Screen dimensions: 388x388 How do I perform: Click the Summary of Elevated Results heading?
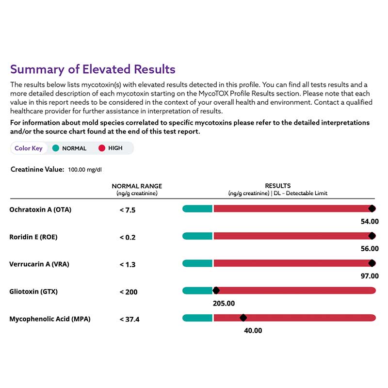pyautogui.click(x=93, y=69)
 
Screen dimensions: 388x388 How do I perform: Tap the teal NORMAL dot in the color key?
pyautogui.click(x=56, y=148)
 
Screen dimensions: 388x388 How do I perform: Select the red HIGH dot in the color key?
pyautogui.click(x=102, y=148)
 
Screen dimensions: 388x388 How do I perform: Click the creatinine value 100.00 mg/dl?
pyautogui.click(x=85, y=170)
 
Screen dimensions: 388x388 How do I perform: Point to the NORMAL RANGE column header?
pyautogui.click(x=137, y=186)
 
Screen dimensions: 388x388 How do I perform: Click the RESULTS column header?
pyautogui.click(x=277, y=186)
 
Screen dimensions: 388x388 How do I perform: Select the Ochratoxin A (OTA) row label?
pyautogui.click(x=40, y=210)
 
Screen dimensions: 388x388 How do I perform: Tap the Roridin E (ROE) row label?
pyautogui.click(x=33, y=237)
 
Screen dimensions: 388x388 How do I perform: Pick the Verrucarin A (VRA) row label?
pyautogui.click(x=39, y=264)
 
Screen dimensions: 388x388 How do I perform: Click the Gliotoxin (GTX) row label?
pyautogui.click(x=33, y=291)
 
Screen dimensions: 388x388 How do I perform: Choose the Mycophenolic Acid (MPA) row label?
pyautogui.click(x=50, y=319)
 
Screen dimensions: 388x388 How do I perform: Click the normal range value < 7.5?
pyautogui.click(x=128, y=210)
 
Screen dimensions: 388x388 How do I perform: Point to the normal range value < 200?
pyautogui.click(x=129, y=292)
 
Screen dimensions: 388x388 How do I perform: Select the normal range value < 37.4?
pyautogui.click(x=129, y=319)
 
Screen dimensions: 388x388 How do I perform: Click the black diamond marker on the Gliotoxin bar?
pyautogui.click(x=216, y=291)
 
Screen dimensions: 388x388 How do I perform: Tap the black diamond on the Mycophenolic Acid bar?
pyautogui.click(x=243, y=318)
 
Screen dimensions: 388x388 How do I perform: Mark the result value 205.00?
pyautogui.click(x=224, y=304)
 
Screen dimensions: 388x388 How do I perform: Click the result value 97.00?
pyautogui.click(x=370, y=276)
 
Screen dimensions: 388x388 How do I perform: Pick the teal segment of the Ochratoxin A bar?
pyautogui.click(x=197, y=209)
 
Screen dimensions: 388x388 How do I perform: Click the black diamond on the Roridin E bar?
pyautogui.click(x=372, y=236)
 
